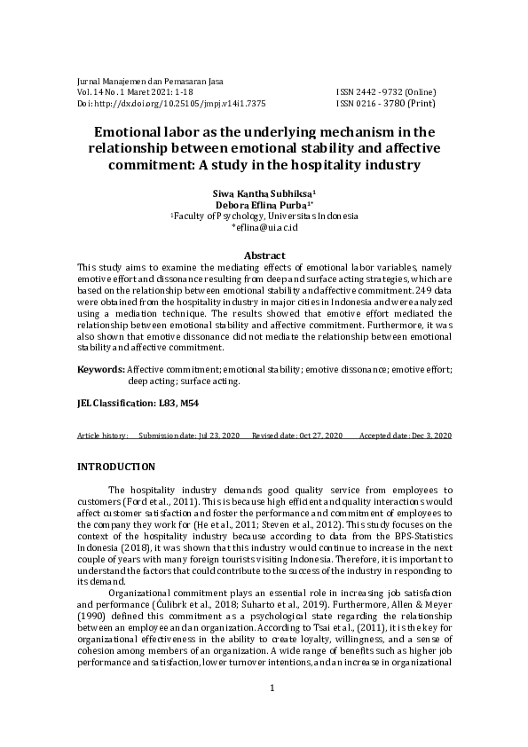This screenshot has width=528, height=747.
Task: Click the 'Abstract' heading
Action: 264,255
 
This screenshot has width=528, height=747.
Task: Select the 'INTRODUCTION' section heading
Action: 116,467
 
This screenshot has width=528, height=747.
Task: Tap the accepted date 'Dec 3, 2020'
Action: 429,436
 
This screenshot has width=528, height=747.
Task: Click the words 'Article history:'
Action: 102,436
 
